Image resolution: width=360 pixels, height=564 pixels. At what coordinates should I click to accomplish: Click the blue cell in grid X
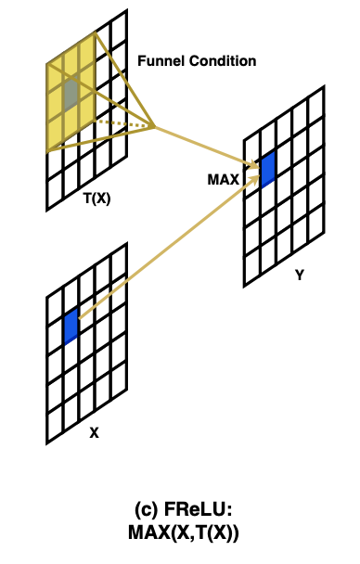tap(71, 327)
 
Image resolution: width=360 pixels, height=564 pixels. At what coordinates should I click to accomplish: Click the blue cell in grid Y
tap(268, 170)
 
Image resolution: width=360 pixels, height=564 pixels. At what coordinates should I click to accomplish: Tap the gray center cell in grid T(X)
tap(71, 90)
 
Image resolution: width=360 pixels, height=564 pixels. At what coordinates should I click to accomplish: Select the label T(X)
tap(96, 197)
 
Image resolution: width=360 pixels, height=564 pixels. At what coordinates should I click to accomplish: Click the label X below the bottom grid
tap(95, 432)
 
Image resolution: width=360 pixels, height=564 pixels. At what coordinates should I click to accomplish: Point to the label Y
tap(299, 275)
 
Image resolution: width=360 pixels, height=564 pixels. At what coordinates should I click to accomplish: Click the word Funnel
tap(161, 61)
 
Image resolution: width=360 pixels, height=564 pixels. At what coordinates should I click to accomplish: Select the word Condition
tap(222, 61)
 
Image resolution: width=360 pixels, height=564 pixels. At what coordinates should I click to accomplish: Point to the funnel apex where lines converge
tap(154, 126)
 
